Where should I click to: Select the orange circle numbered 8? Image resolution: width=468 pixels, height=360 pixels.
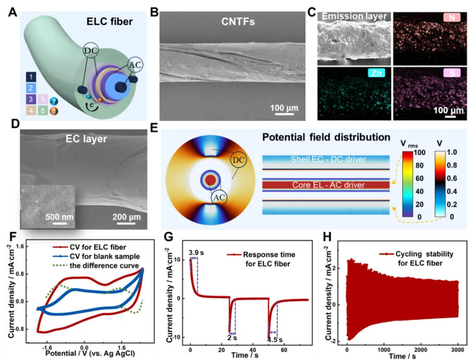pos(54,111)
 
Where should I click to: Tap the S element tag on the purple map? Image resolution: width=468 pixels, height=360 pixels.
pos(452,74)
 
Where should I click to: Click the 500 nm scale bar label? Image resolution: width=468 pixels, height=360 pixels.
pos(60,217)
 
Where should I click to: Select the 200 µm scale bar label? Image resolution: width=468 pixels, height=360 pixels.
pos(126,217)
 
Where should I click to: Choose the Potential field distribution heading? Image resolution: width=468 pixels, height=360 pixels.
pos(326,138)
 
